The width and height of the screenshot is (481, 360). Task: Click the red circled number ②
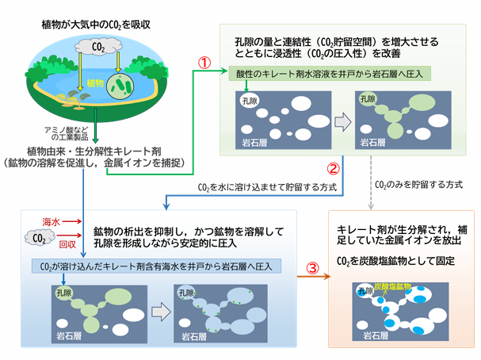tap(334, 168)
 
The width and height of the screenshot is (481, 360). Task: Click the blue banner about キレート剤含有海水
tap(153, 266)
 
